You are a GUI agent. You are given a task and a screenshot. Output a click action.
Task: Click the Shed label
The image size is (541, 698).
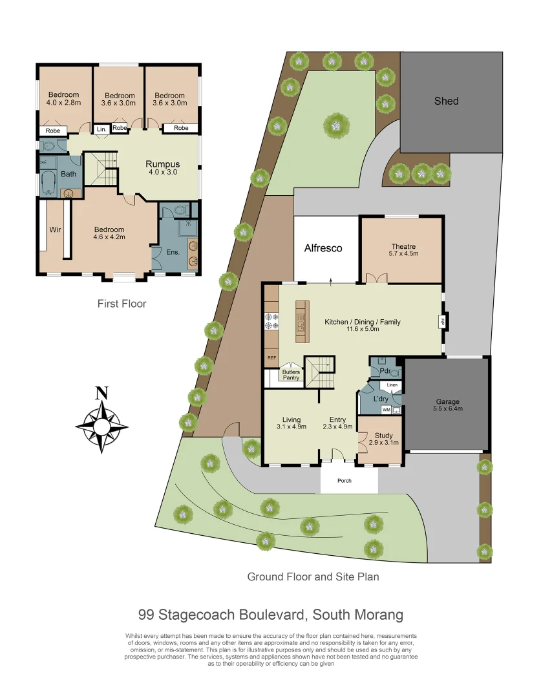pyautogui.click(x=446, y=101)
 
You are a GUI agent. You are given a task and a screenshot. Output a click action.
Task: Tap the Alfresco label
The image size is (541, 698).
pyautogui.click(x=323, y=248)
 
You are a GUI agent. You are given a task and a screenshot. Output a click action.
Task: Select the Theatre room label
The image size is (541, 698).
pyautogui.click(x=403, y=246)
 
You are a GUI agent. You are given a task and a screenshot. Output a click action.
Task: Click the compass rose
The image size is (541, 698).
pyautogui.click(x=101, y=425)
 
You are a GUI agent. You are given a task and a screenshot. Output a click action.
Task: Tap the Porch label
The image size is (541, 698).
pyautogui.click(x=345, y=480)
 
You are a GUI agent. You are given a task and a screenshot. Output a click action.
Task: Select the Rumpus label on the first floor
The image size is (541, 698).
pyautogui.click(x=162, y=164)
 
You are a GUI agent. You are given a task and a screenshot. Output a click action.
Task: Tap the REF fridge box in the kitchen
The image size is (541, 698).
pyautogui.click(x=271, y=357)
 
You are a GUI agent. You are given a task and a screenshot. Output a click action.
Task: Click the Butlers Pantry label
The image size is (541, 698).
pyautogui.click(x=291, y=375)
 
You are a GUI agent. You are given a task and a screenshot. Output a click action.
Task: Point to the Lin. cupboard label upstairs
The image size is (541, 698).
pyautogui.click(x=101, y=129)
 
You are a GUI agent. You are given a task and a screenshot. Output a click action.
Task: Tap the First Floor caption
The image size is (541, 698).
pyautogui.click(x=122, y=303)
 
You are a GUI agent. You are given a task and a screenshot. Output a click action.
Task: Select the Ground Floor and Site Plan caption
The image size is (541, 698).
pyautogui.click(x=313, y=576)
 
